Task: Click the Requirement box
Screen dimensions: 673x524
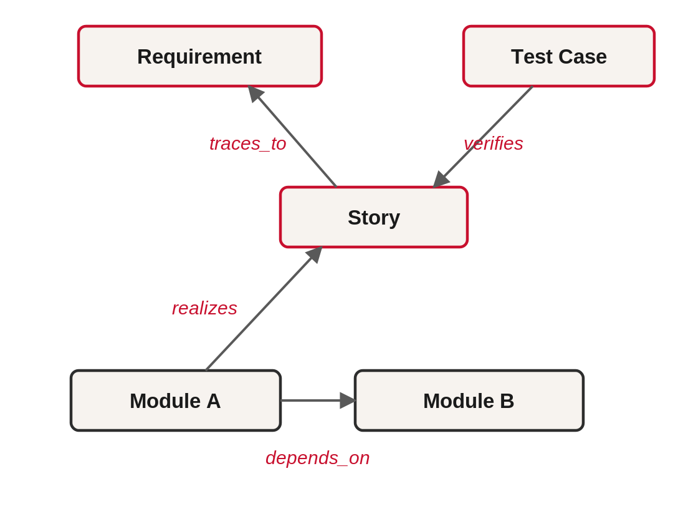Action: click(200, 56)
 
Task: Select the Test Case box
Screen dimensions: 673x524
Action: click(559, 56)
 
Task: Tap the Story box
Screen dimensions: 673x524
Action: click(374, 217)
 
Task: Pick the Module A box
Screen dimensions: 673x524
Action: click(176, 400)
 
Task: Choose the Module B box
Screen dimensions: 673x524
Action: click(469, 400)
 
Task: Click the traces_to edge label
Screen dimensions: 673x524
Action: click(247, 143)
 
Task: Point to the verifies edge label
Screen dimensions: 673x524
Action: click(493, 143)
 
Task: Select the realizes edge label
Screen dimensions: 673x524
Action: click(204, 308)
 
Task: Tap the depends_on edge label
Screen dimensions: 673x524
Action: click(318, 458)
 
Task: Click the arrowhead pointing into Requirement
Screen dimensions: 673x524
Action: click(255, 93)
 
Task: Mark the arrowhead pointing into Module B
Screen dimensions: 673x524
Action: click(348, 400)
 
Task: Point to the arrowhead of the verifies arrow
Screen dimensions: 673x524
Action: click(441, 180)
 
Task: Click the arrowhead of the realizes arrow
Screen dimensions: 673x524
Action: click(315, 255)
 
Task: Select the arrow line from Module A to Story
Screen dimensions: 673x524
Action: click(264, 308)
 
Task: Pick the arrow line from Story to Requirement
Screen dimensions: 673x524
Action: click(292, 136)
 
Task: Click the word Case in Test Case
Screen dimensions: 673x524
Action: click(583, 57)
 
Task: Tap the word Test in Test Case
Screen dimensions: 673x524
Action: click(532, 57)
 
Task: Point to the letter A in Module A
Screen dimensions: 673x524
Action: click(213, 401)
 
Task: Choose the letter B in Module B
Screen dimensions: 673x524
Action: click(507, 401)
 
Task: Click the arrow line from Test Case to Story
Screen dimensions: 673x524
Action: click(483, 137)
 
